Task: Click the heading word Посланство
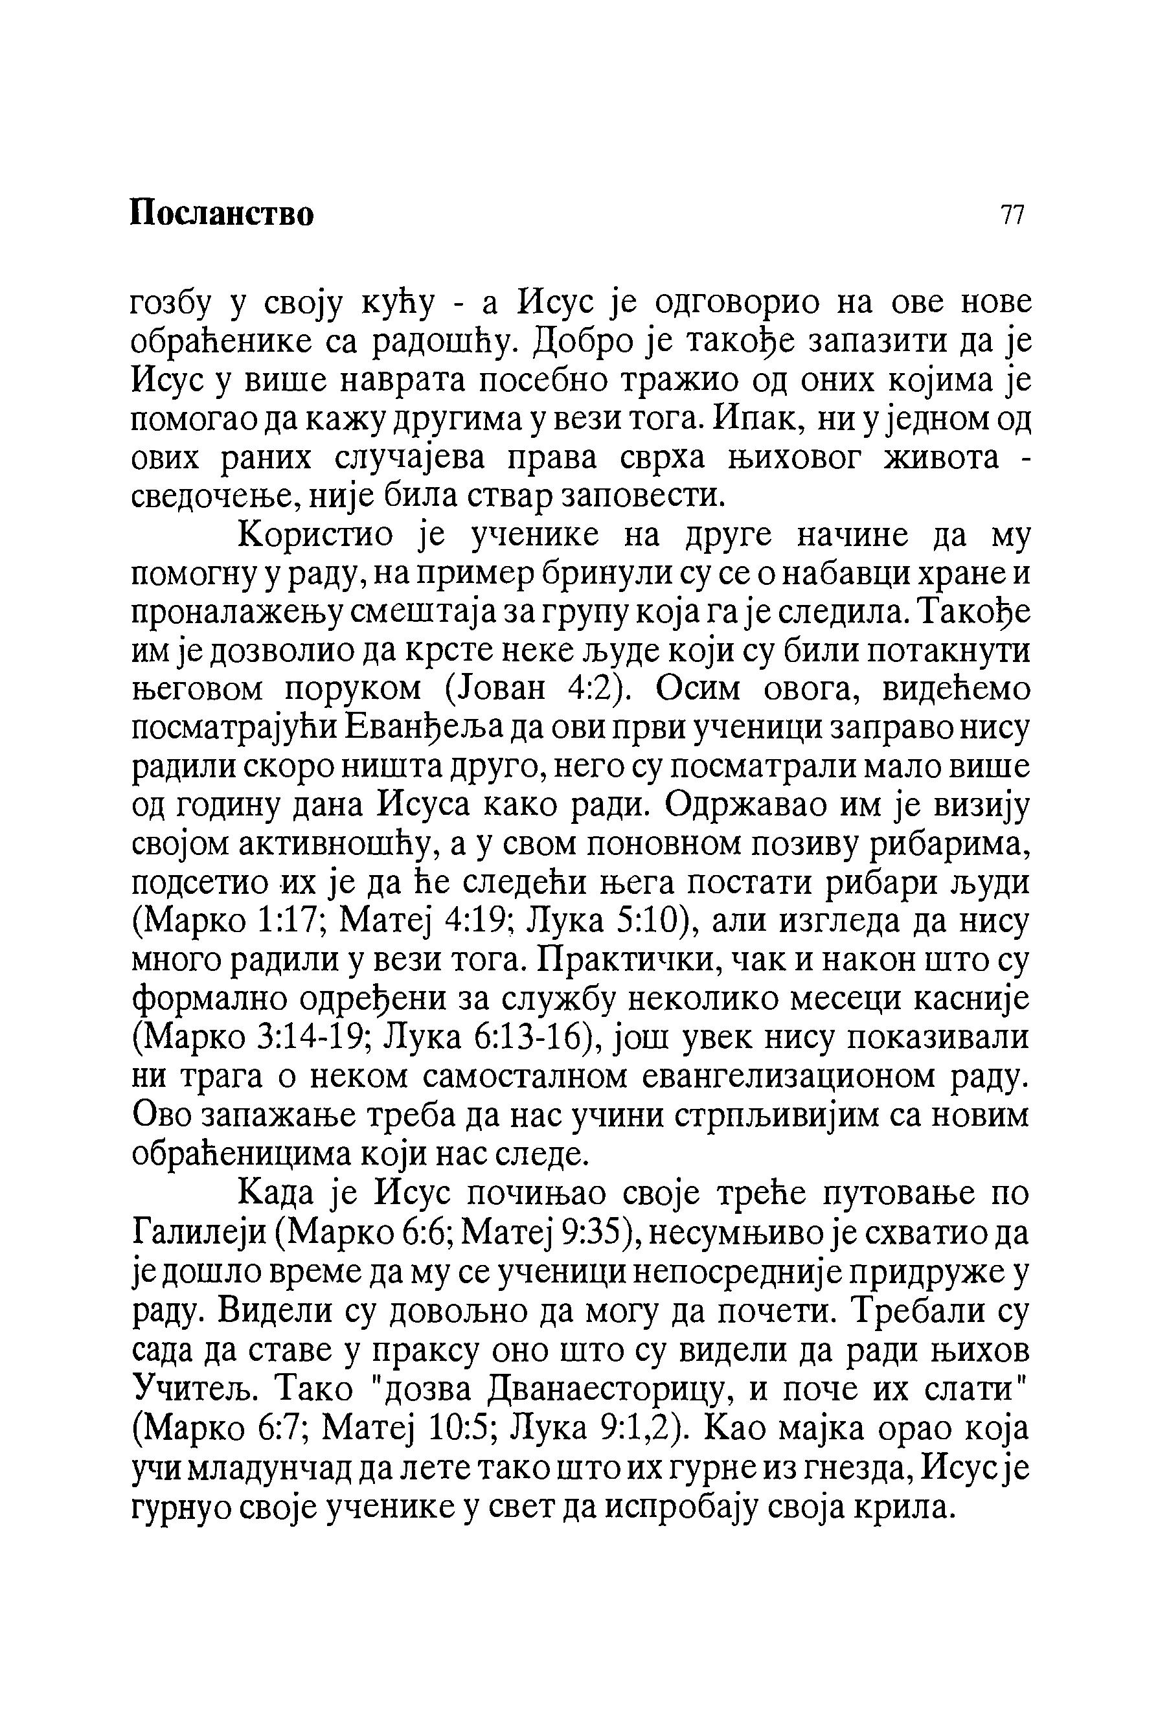(221, 214)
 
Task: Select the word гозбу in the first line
(172, 304)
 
